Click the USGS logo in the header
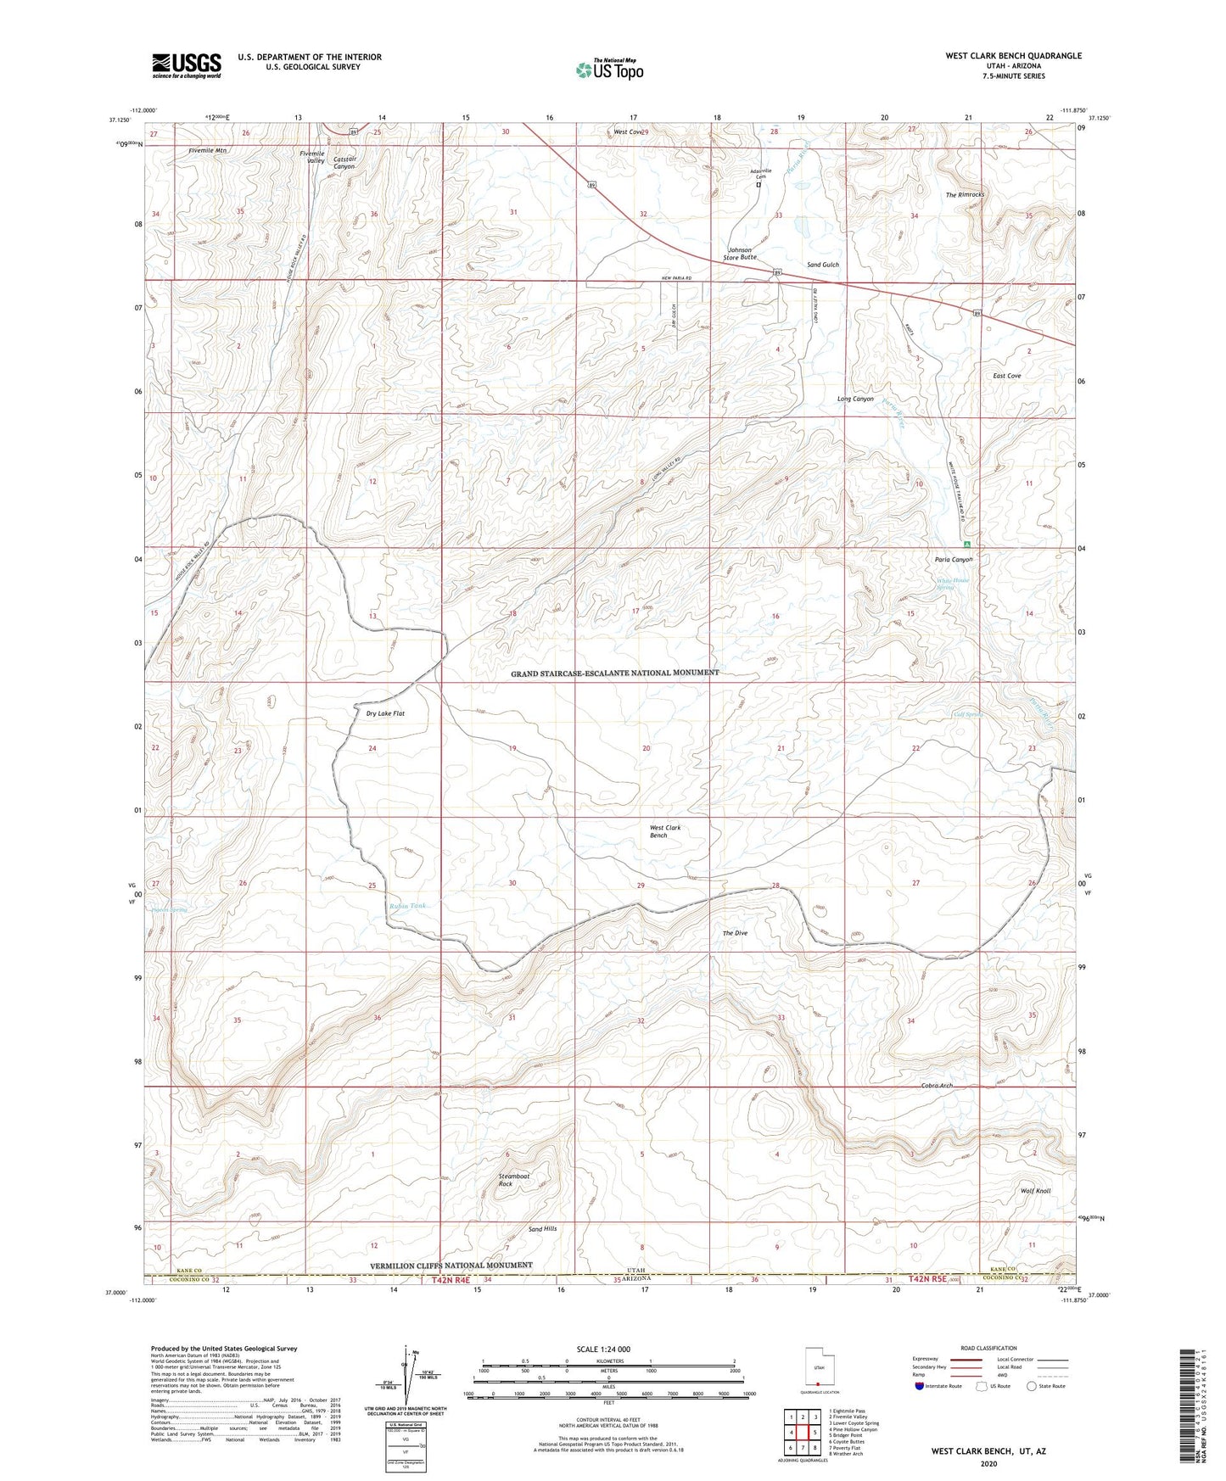187,64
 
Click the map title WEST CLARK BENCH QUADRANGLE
1013,56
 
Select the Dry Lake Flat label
385,713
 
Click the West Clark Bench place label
665,831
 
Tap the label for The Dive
735,933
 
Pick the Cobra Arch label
937,1086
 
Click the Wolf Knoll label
1035,1191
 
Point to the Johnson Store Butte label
740,254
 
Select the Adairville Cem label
759,172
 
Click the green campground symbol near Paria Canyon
966,544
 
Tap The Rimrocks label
966,195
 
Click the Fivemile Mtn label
208,150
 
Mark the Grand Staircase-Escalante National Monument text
614,673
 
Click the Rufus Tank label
407,906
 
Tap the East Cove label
1007,376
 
